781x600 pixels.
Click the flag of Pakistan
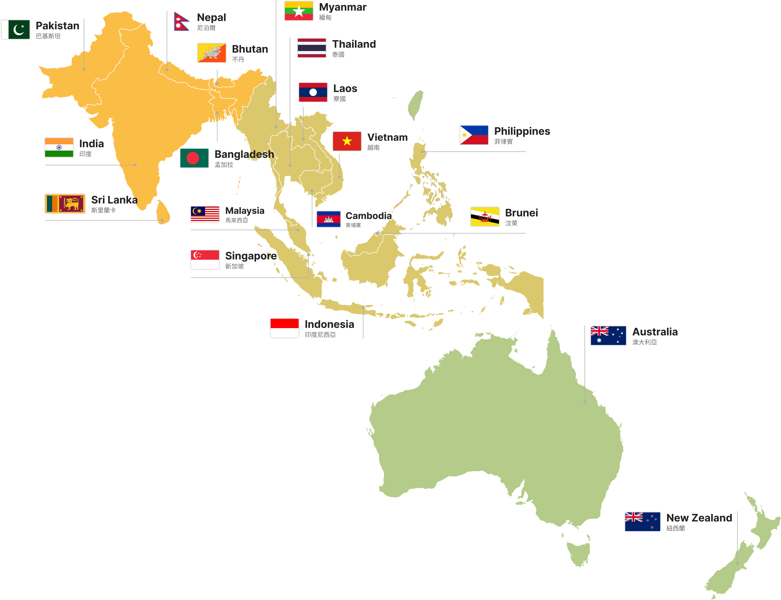(x=15, y=29)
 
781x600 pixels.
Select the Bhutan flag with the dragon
(x=212, y=53)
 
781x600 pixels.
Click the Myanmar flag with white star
(x=299, y=11)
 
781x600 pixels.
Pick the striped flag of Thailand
(x=312, y=48)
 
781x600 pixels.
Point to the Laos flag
(x=313, y=92)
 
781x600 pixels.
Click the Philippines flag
(x=474, y=135)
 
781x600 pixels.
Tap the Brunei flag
(x=485, y=216)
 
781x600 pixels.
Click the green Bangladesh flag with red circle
(x=194, y=158)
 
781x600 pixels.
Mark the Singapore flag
(x=205, y=259)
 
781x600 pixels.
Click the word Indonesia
(x=329, y=324)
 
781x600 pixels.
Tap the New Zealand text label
(x=699, y=518)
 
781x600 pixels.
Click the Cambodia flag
(x=328, y=219)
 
